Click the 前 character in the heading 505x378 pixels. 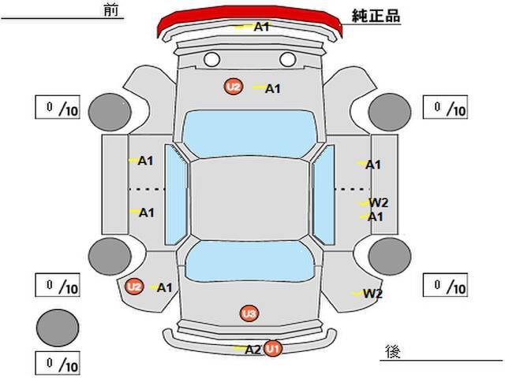[x=111, y=10]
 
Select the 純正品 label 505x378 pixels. [x=376, y=16]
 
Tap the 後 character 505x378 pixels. [x=393, y=352]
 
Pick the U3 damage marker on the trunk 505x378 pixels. [x=249, y=313]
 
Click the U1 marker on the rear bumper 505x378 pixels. [x=273, y=348]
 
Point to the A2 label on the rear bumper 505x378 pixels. [x=252, y=350]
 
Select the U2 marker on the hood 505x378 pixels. [x=234, y=87]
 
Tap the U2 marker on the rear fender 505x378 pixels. [x=134, y=287]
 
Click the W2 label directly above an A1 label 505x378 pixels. [x=379, y=203]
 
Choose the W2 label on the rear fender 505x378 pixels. [x=372, y=293]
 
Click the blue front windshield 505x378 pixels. [x=250, y=133]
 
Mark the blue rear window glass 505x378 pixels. [x=250, y=261]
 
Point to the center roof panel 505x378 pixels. [x=250, y=199]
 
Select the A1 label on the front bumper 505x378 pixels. [x=261, y=27]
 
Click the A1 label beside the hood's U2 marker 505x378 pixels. [x=272, y=89]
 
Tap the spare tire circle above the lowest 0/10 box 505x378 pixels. [x=58, y=328]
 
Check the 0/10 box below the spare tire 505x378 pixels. [x=58, y=364]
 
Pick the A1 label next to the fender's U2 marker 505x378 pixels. [x=165, y=287]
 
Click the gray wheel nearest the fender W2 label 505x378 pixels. [x=390, y=257]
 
